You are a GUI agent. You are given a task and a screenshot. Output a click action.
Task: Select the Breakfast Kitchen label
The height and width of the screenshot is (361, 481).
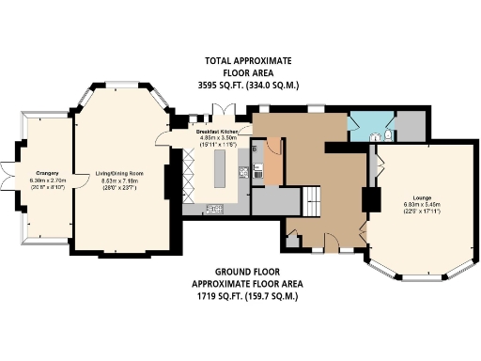coord(217,132)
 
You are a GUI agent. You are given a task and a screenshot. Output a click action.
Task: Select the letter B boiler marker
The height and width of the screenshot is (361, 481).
coord(255,150)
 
